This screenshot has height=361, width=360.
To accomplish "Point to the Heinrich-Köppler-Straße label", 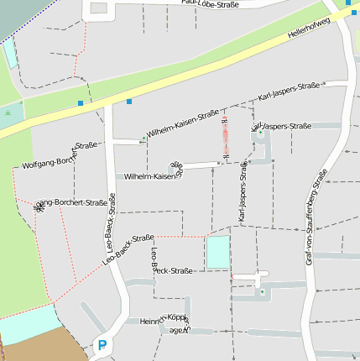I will [163, 320].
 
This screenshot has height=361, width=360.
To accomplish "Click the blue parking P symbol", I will [102, 344].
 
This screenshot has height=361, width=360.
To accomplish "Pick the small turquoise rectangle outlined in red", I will [217, 252].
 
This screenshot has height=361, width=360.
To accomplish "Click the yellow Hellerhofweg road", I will [168, 84].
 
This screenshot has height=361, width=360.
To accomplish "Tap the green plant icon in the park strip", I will [8, 110].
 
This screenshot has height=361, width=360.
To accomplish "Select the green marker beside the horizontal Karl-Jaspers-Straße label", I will [261, 133].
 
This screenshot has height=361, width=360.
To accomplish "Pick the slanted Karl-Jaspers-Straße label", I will [290, 92].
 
